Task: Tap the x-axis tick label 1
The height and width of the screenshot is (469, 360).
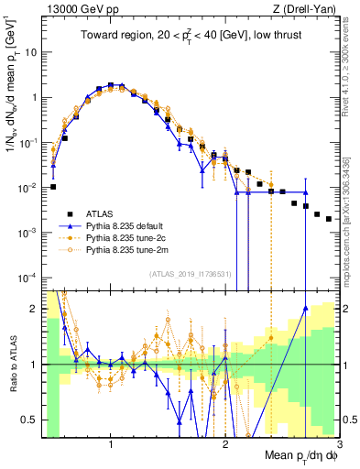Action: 111,443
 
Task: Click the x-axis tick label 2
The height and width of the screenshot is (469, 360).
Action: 225,443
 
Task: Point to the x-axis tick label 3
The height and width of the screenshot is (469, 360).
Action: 338,443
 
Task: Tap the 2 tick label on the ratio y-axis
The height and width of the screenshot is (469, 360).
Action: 33,309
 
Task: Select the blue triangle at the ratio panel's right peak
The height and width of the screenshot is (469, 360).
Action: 305,309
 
